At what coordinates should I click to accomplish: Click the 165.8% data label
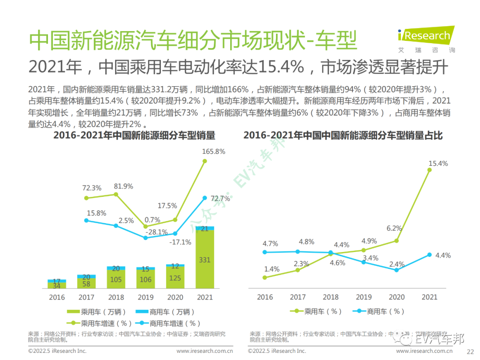[213, 152]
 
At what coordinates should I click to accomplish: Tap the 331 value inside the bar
[205, 260]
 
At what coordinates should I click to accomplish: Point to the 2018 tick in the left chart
[116, 297]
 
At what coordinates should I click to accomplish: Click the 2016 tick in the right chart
[265, 297]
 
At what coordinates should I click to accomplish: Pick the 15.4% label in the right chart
[438, 164]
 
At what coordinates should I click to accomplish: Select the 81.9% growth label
[124, 186]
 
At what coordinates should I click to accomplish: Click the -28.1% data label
[157, 232]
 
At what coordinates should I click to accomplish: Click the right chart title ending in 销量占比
[343, 136]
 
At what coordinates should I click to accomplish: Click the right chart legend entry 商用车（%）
[378, 312]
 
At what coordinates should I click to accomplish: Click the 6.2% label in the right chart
[394, 228]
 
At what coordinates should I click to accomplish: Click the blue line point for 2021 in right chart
[429, 255]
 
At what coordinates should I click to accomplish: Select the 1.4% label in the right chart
[272, 269]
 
